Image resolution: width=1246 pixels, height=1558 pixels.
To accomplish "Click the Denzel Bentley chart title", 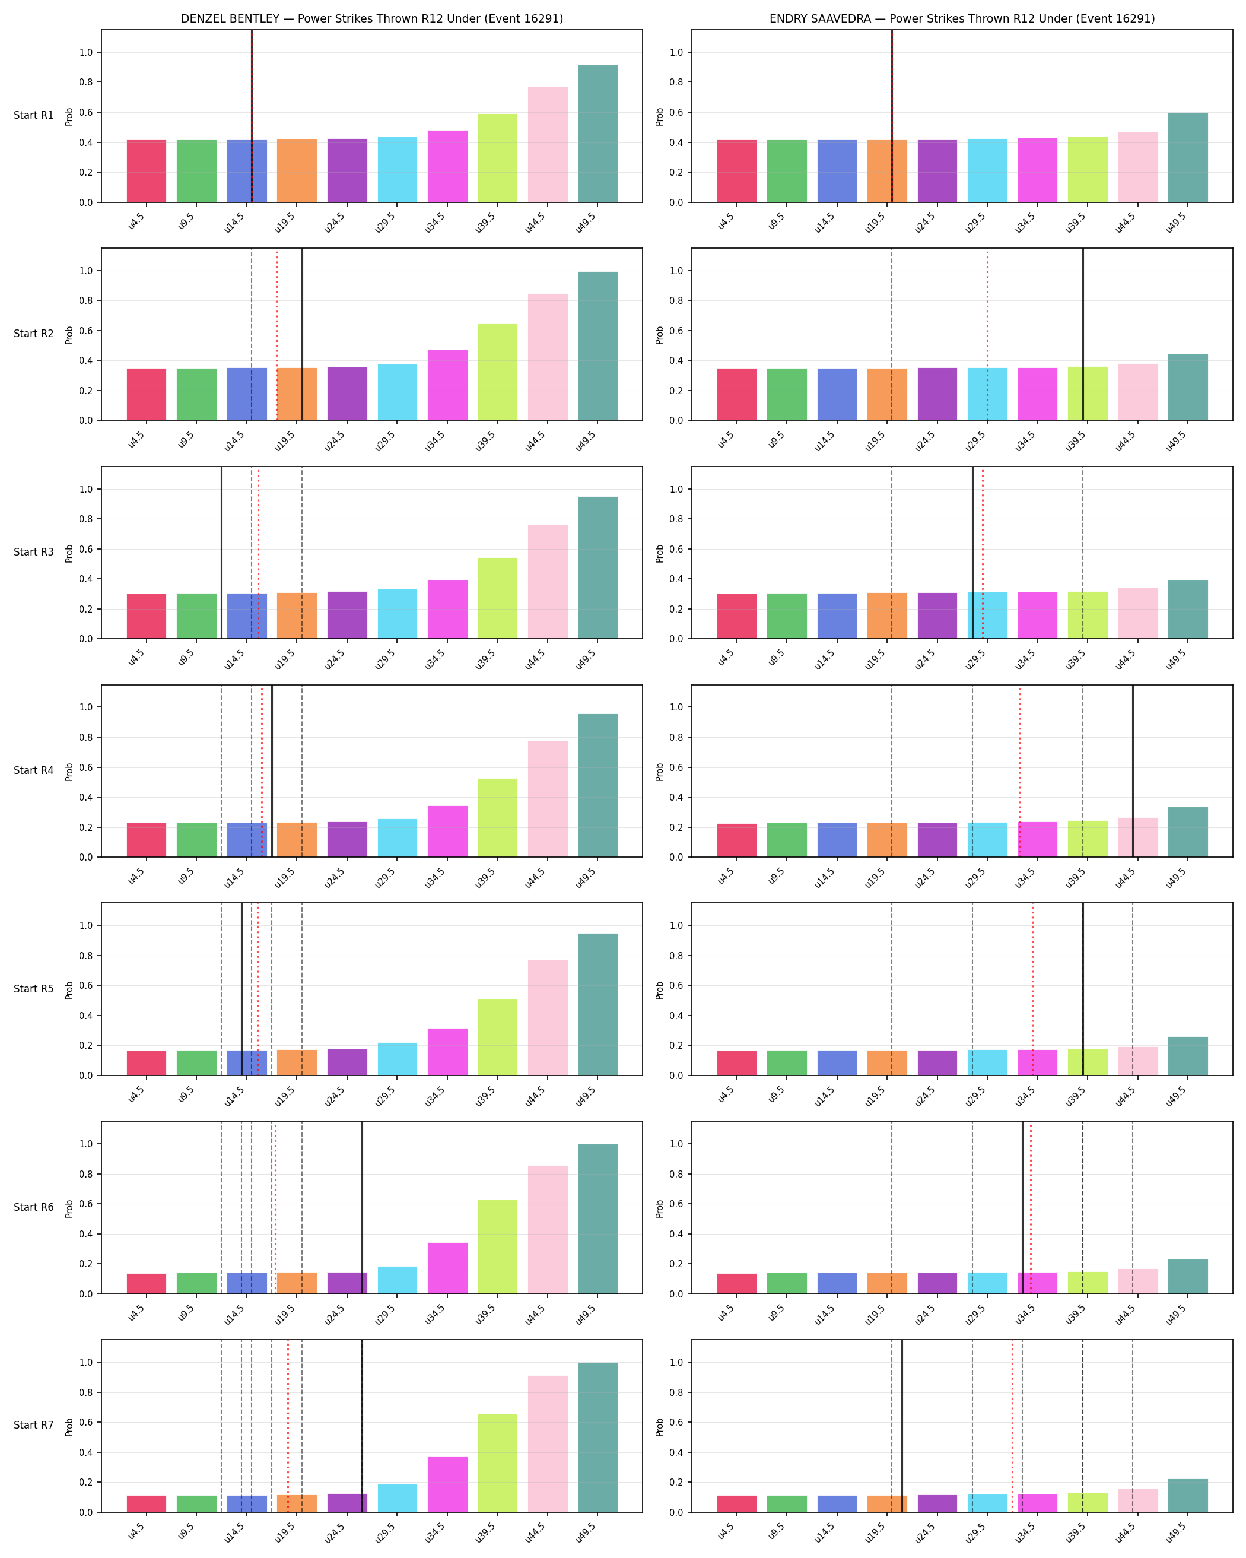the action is pos(372,19).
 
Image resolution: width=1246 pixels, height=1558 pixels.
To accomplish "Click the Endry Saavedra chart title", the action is pos(962,19).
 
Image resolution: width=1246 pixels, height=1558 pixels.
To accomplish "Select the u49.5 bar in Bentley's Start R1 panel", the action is pos(598,134).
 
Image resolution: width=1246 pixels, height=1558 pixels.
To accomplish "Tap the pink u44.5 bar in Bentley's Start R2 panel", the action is pos(548,357).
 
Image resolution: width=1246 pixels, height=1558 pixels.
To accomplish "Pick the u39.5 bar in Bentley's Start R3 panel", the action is pos(498,598).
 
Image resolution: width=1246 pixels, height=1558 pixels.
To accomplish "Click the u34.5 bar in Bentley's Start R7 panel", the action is pos(448,1484).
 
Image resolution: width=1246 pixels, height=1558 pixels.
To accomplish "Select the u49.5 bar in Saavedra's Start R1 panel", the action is pos(1188,157).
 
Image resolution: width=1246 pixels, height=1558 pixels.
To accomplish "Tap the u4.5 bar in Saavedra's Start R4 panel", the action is pos(737,840).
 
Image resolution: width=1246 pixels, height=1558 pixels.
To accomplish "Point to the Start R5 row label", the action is pos(34,989).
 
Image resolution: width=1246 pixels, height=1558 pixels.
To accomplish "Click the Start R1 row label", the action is pos(34,115).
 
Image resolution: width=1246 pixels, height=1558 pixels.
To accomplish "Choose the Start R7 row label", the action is pos(34,1425).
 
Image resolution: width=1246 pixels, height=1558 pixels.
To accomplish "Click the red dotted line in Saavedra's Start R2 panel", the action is pos(987,335).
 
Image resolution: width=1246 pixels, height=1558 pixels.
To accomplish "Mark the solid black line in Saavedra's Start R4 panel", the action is pos(1133,771).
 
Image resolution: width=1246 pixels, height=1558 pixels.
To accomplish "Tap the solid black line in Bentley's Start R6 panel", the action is pos(362,1207).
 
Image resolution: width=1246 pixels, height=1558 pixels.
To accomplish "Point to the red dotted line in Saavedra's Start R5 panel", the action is pos(1033,989).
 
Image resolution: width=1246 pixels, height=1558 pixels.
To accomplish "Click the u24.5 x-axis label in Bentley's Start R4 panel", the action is pos(335,877).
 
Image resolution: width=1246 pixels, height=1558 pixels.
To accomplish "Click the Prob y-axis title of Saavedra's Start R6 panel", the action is pos(659,1208).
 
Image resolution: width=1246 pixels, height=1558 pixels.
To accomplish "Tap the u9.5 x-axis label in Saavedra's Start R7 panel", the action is pos(775,1532).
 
